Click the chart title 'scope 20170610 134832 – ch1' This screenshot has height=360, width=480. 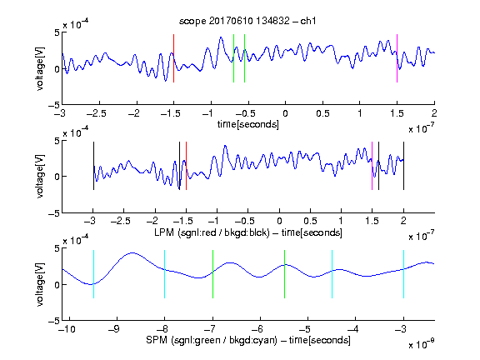coord(247,21)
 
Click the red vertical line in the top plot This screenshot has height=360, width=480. coord(173,58)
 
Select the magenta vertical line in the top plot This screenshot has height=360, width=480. coord(397,58)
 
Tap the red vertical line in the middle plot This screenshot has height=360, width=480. coord(186,166)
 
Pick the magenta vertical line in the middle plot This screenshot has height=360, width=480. coord(372,166)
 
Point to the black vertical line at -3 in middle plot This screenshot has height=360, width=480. coord(93,166)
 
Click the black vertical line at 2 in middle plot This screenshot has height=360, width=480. coord(403,166)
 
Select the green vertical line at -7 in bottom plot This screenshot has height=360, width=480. coord(212,274)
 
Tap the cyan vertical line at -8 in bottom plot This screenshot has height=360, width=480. coord(165,274)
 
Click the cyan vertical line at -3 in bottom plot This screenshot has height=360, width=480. coord(403,274)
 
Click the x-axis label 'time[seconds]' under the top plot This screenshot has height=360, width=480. coord(248,125)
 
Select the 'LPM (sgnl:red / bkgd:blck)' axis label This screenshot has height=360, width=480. coord(212,232)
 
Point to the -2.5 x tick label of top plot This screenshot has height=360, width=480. coord(96,113)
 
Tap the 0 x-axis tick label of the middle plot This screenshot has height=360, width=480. coord(279,221)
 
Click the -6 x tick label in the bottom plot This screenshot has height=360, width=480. coord(260,329)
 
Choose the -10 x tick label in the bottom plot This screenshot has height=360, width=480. coord(67,329)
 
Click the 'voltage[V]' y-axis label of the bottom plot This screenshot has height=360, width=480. coord(40,284)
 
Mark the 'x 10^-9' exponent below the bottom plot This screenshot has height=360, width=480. coord(422,343)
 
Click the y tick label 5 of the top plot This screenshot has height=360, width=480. coord(57,32)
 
